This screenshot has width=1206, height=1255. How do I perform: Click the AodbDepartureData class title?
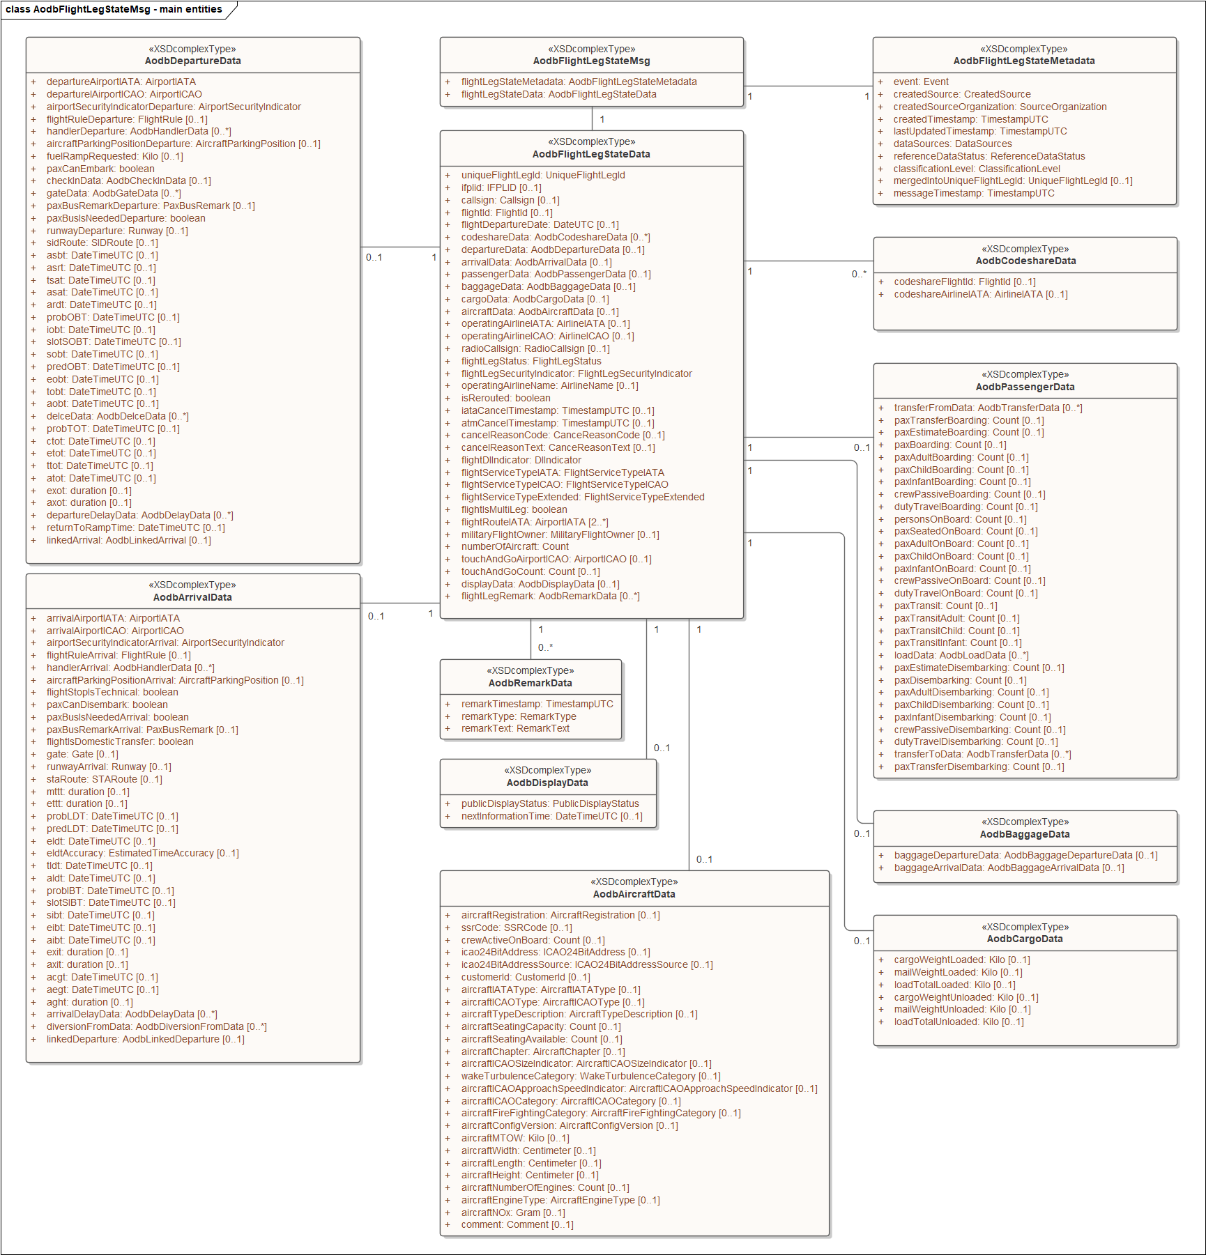point(192,61)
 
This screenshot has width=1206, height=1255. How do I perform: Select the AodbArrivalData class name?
point(192,597)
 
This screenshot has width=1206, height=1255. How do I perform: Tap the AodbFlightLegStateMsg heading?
point(591,61)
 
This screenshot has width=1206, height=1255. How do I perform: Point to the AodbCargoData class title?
point(1025,939)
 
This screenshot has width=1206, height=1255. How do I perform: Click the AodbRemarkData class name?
point(530,683)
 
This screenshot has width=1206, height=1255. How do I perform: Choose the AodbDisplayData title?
point(547,783)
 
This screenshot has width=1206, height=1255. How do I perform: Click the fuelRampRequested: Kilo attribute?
point(114,156)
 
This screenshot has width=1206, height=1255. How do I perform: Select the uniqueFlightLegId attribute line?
point(542,175)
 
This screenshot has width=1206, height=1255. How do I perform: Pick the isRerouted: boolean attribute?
point(505,398)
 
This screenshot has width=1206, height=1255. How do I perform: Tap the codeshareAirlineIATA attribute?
point(980,294)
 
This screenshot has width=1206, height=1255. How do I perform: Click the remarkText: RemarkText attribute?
point(515,728)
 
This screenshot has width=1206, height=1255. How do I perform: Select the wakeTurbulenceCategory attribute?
point(590,1076)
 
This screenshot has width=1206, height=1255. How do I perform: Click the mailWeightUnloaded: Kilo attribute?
point(962,1009)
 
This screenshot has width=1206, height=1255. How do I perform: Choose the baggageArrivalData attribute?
point(1009,868)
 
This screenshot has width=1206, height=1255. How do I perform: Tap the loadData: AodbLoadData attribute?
point(961,655)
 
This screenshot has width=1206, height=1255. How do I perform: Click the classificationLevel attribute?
point(976,169)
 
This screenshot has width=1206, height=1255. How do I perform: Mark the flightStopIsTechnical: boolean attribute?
point(112,692)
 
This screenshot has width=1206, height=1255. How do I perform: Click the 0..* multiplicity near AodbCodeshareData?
point(859,274)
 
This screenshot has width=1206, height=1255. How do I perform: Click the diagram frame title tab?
point(114,10)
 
